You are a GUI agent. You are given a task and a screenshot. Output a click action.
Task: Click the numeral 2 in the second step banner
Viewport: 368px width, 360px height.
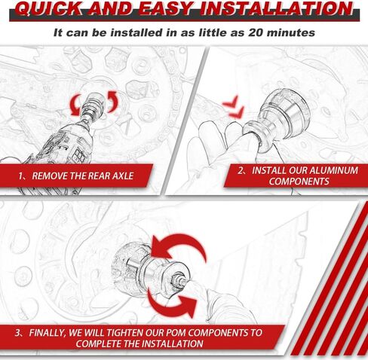coord(241,170)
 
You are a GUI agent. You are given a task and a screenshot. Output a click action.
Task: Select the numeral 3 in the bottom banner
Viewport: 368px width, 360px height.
coord(17,332)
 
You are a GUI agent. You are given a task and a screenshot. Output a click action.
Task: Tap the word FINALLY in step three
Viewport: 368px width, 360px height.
coord(51,332)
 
